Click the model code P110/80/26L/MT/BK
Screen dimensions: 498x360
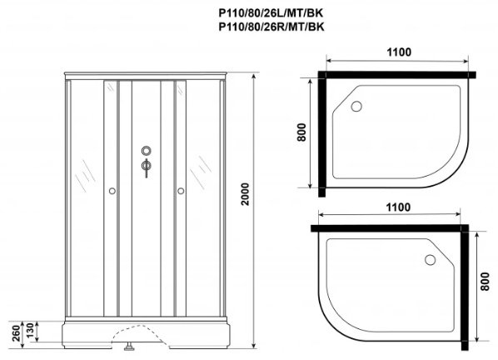[x=271, y=13]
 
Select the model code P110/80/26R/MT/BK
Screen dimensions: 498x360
[x=271, y=27]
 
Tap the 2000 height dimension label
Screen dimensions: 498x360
[x=245, y=194]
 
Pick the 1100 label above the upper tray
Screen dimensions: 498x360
[x=399, y=52]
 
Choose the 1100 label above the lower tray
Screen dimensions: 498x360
[x=398, y=207]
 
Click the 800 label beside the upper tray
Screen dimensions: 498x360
[x=301, y=132]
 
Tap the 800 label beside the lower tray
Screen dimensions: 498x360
[x=485, y=281]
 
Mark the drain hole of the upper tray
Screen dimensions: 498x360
[x=356, y=106]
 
